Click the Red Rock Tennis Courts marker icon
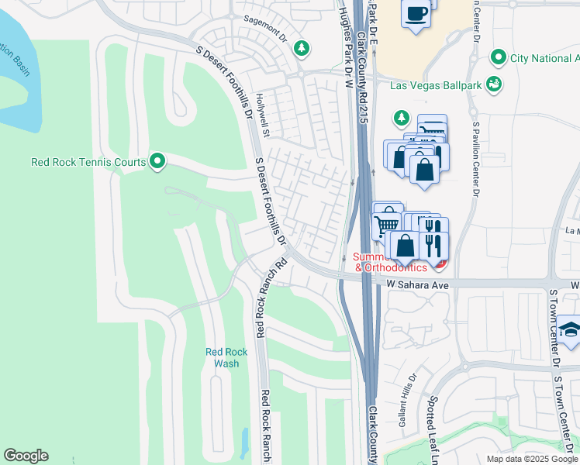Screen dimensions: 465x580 [x=157, y=162]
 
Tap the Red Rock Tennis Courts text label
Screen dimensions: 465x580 [x=88, y=163]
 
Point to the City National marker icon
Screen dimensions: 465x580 [x=499, y=58]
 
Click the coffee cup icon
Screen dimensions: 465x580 [x=416, y=14]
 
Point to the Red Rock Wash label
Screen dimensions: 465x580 [x=226, y=357]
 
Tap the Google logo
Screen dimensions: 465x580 [x=26, y=456]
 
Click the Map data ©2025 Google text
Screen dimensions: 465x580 [x=531, y=459]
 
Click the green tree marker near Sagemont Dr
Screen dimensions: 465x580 [x=302, y=49]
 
